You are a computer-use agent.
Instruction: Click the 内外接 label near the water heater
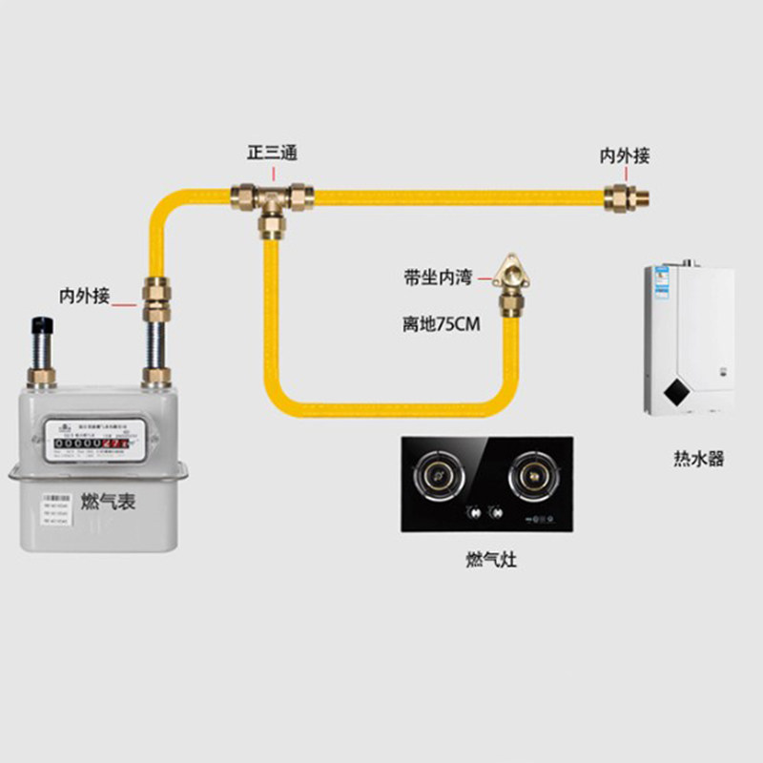[624, 155]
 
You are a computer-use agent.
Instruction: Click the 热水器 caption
[698, 459]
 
